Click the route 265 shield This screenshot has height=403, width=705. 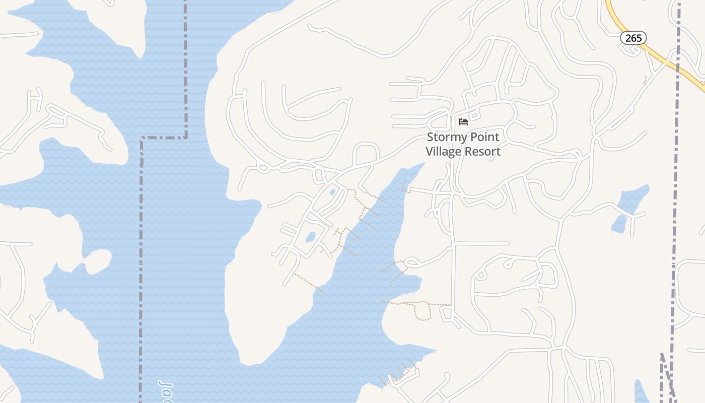(633, 38)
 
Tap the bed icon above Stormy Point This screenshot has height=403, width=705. (463, 122)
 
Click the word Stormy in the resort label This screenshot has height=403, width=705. (446, 137)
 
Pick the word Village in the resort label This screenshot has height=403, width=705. (444, 151)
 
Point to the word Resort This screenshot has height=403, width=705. (483, 151)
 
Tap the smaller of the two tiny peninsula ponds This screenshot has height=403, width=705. (332, 192)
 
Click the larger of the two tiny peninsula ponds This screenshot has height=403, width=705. (310, 236)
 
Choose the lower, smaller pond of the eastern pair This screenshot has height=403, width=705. (619, 224)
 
